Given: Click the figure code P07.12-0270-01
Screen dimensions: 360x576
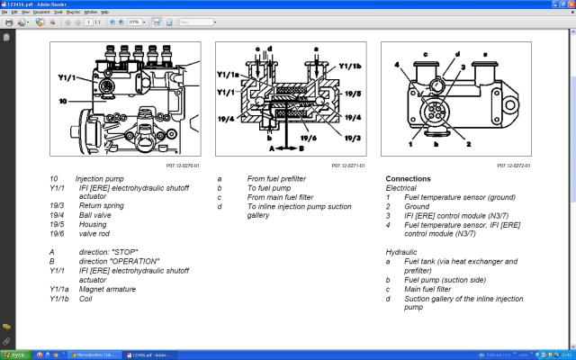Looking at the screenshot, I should point(184,166).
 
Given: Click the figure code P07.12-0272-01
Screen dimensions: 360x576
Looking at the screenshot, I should point(514,166).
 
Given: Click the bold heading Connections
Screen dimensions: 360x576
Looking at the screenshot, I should point(408,178).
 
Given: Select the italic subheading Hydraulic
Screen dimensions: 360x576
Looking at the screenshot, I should point(400,253).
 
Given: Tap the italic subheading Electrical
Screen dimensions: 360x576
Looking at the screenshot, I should point(401,187).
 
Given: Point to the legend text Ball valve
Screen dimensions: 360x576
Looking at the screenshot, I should point(95,215).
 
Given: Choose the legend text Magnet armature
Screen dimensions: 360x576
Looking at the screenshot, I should point(107,289).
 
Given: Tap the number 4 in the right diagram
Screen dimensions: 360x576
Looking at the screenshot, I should point(395,65).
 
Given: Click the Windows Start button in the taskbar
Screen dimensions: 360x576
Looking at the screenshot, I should point(14,355).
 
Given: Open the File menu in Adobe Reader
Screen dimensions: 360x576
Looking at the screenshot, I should point(6,12).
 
